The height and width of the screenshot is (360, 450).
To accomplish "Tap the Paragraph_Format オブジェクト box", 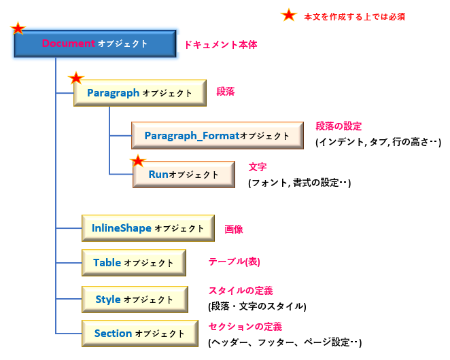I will pos(216,136).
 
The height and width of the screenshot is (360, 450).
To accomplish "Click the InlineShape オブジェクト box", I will pos(148,229).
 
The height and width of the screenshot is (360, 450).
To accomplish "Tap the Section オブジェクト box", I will pos(139,334).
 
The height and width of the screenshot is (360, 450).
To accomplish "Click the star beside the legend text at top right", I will pos(289,15).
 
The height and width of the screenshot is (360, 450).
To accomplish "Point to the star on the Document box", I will pos(18,29).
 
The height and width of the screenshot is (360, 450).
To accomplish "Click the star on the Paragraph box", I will pos(76,79).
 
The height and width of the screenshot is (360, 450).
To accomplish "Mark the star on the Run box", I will pos(139,162).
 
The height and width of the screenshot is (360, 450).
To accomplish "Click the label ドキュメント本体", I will pos(220,45).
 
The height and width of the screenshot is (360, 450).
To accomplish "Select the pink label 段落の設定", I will pos(339,126).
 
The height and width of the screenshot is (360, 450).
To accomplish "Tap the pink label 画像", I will pos(234,230).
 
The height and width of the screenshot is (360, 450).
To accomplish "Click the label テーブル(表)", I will pos(235,262).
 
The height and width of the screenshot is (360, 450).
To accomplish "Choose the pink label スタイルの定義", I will pos(240,291).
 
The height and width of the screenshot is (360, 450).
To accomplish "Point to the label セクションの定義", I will pos(245,327).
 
